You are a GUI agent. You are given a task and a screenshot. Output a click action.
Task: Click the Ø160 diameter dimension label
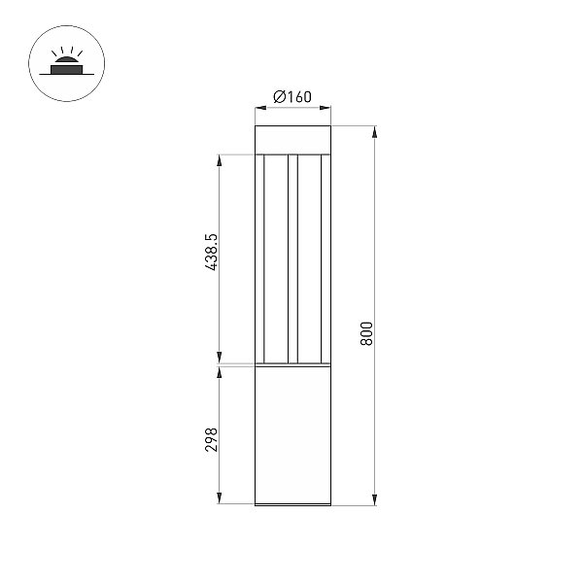pos(292,96)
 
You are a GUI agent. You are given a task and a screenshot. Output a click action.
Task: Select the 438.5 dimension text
pos(211,252)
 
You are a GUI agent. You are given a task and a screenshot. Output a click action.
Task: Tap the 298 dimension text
pos(211,439)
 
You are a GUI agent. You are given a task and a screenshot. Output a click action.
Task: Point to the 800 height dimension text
pos(366,334)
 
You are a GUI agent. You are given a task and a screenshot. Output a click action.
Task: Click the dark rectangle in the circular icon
pos(66,70)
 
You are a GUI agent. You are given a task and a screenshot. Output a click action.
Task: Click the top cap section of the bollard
pos(292,139)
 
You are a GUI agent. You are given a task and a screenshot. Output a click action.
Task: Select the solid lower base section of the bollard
pos(292,435)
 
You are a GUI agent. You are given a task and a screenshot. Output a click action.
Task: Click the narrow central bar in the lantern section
pos(293,258)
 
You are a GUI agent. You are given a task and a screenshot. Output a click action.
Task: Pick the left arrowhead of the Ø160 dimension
pos(260,108)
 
